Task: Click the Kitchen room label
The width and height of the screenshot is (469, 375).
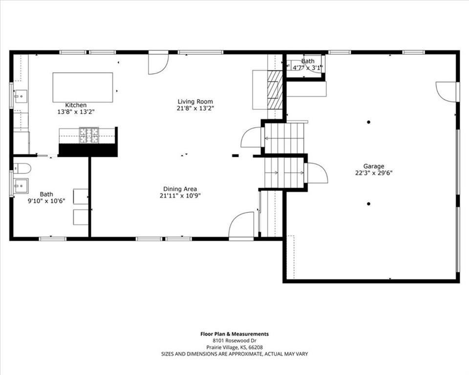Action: (x=76, y=105)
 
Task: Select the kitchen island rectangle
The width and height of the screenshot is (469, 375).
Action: (x=83, y=87)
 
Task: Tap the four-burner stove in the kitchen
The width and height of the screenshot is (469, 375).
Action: (x=89, y=135)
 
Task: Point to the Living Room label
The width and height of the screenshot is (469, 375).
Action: (x=195, y=102)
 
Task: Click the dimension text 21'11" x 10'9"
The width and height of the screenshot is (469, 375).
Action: (x=180, y=195)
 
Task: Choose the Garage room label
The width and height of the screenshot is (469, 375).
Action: (x=373, y=166)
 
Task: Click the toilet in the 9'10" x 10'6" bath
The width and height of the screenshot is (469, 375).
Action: (x=21, y=168)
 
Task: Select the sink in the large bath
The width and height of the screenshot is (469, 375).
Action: (x=21, y=186)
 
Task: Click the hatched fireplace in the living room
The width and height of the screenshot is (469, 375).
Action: (x=275, y=90)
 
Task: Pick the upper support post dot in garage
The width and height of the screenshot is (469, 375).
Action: (x=369, y=122)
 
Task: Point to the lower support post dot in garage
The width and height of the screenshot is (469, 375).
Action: (x=369, y=204)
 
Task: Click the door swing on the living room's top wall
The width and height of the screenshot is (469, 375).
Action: (x=157, y=63)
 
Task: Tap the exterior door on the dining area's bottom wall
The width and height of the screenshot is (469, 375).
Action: (x=241, y=226)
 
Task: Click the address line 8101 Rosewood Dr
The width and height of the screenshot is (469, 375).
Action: (x=234, y=340)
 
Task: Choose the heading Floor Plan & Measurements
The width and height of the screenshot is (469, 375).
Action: (x=234, y=334)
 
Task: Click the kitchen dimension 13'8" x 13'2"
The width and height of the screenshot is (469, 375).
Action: (x=76, y=111)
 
